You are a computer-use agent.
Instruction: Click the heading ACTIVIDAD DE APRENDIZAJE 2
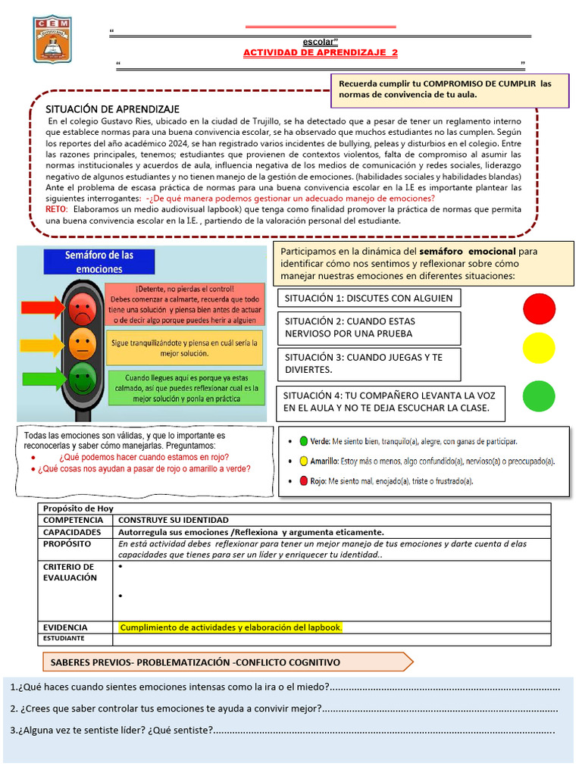coord(319,52)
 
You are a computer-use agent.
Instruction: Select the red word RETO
coord(56,208)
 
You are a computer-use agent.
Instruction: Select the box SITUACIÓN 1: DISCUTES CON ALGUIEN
coord(369,298)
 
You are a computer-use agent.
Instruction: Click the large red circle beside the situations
coord(539,308)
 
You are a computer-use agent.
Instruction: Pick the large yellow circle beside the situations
coord(539,347)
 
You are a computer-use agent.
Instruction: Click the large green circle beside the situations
coord(539,396)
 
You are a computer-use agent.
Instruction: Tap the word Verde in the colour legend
coord(321,440)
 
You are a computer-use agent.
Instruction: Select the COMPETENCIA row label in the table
coord(73,521)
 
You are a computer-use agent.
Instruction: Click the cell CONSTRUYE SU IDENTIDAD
coord(174,521)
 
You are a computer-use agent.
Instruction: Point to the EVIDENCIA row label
coord(65,627)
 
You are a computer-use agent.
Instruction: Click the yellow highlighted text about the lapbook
coord(231,627)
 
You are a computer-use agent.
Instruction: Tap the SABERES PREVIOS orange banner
coord(195,662)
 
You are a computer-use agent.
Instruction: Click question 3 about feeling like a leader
coord(114,731)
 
